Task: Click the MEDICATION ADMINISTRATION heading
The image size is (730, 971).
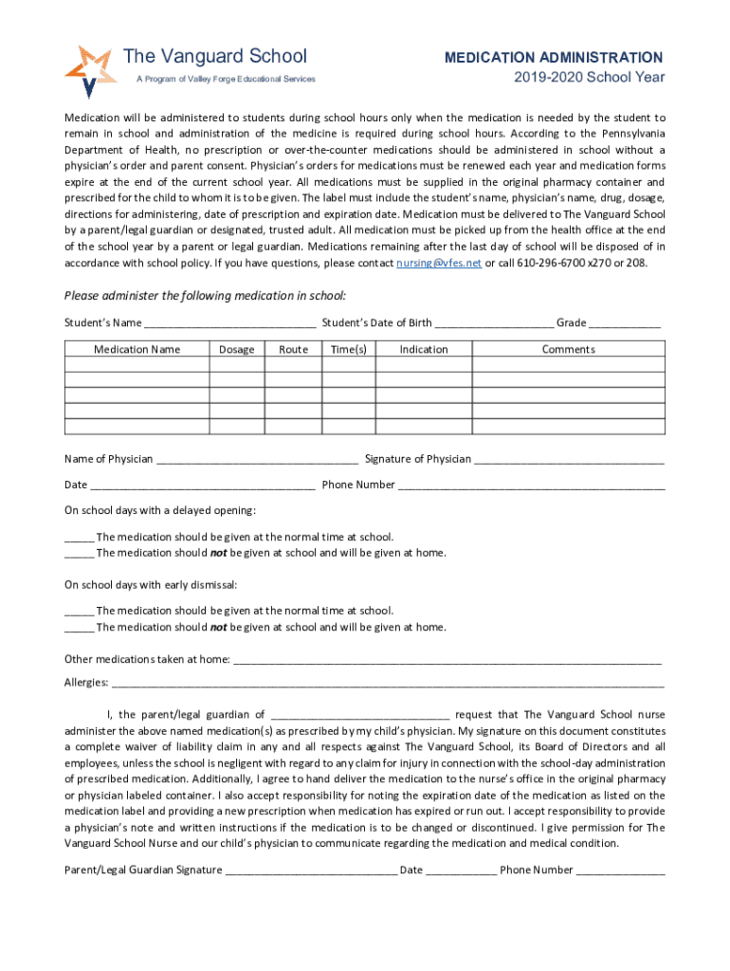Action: (x=554, y=58)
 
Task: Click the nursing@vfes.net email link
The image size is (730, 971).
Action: (x=439, y=263)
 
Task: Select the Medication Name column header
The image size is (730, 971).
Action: (x=137, y=349)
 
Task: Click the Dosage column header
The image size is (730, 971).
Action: (x=236, y=349)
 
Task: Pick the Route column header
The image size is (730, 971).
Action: (x=293, y=349)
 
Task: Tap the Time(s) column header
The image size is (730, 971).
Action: (x=348, y=349)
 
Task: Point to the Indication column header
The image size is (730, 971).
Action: (x=423, y=349)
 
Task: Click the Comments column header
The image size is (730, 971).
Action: (x=568, y=349)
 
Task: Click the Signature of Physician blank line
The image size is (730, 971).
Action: (x=569, y=461)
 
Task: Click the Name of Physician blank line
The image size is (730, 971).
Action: (x=257, y=461)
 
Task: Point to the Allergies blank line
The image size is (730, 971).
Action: (x=388, y=684)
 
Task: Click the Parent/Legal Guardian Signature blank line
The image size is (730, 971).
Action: (x=311, y=871)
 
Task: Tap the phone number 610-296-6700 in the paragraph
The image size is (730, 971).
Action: (x=551, y=263)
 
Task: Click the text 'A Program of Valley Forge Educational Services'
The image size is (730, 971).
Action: (x=226, y=80)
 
